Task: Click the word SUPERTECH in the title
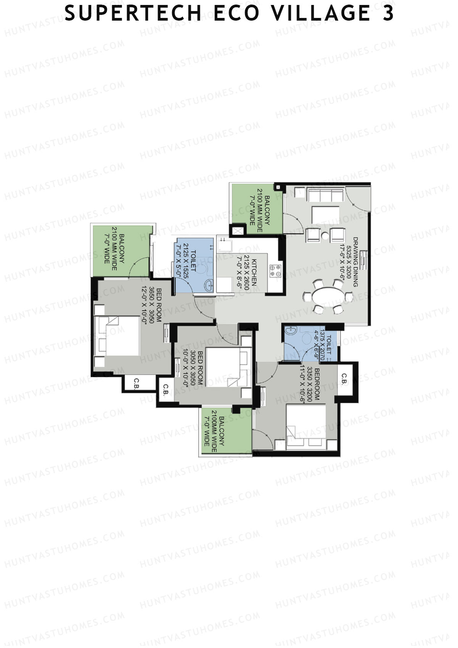133,13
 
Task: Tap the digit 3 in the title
388,13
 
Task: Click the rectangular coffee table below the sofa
326,215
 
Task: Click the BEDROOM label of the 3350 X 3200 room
317,384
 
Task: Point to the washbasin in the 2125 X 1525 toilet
208,286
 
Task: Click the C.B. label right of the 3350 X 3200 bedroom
344,379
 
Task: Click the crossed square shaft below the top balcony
238,231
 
